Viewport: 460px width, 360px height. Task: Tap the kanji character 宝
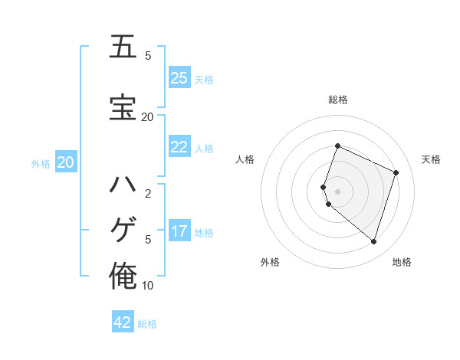click(x=123, y=107)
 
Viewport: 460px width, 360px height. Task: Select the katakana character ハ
click(x=123, y=185)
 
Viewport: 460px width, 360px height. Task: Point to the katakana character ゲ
click(x=123, y=229)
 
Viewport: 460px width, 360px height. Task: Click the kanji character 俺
click(x=123, y=275)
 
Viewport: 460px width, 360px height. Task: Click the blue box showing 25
click(x=179, y=78)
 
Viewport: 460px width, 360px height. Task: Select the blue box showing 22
click(x=179, y=148)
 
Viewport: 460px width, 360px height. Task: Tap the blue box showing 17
click(x=179, y=231)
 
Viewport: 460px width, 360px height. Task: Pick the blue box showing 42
click(x=123, y=322)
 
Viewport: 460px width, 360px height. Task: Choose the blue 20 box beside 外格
click(x=66, y=162)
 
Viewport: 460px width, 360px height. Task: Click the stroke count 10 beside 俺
click(x=147, y=286)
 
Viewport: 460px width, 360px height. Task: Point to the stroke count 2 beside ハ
click(x=148, y=194)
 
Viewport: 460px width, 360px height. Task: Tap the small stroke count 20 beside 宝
click(x=147, y=116)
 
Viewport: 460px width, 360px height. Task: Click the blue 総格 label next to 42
click(x=147, y=324)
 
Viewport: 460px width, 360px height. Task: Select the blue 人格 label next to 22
click(x=204, y=149)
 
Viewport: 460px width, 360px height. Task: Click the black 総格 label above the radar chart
click(x=337, y=100)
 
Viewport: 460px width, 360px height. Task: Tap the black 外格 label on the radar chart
click(x=270, y=262)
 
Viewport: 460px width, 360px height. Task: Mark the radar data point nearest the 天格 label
click(x=396, y=172)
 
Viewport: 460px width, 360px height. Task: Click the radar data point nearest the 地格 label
click(x=373, y=241)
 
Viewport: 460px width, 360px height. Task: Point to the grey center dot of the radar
click(x=337, y=191)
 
